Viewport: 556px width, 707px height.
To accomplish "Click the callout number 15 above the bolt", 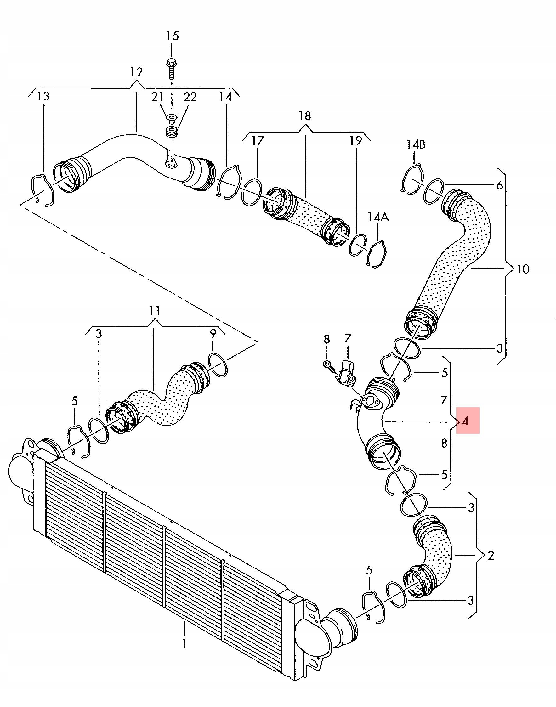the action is (173, 36).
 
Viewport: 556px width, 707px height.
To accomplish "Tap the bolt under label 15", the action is (172, 69).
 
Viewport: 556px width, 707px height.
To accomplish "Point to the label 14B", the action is (415, 144).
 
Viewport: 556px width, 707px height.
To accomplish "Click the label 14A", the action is (378, 217).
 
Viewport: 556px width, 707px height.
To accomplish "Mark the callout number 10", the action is (523, 269).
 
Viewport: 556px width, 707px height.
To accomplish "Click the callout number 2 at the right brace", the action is (491, 555).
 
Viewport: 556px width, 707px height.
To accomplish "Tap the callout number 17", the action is (258, 141).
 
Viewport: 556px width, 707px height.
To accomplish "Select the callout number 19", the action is (356, 141).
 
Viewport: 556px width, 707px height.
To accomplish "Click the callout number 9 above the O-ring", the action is (213, 333).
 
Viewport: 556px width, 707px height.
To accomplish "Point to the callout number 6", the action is (500, 185).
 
